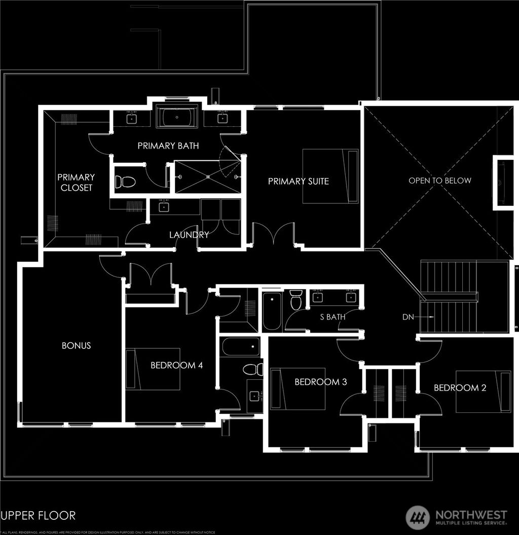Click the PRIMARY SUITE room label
click(x=298, y=182)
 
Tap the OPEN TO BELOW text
click(x=440, y=181)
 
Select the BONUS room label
click(x=76, y=345)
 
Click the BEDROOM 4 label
click(x=176, y=365)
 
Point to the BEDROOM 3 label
click(x=320, y=382)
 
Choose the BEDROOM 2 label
click(x=460, y=388)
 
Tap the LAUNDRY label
click(x=189, y=235)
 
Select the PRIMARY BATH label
click(x=168, y=146)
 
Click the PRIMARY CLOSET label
click(x=76, y=182)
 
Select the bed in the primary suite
click(x=330, y=176)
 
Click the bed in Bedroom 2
click(x=483, y=391)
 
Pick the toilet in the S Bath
click(x=296, y=299)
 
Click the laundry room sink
click(x=164, y=206)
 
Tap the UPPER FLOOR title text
click(x=39, y=516)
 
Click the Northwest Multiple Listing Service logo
click(x=456, y=517)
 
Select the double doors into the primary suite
click(x=274, y=236)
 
